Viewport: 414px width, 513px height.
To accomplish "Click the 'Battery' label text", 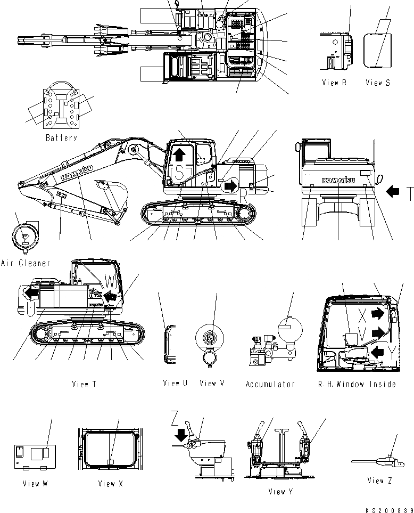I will coord(61,137).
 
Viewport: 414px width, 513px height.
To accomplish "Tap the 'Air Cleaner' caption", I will coord(26,263).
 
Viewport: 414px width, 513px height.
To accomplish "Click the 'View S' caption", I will coord(378,83).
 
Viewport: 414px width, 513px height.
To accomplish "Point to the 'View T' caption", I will coord(84,384).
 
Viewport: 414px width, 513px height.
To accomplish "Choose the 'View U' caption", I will coord(175,383).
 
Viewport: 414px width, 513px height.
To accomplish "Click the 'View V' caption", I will coord(212,383).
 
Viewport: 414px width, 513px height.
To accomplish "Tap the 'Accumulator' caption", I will coord(270,384).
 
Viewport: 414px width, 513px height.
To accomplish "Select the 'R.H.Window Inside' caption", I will coord(357,384).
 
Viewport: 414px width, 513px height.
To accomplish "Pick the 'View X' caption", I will coord(107,484).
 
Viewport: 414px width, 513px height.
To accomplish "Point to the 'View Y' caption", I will coord(280,492).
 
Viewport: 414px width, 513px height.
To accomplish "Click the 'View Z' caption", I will coord(379,481).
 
